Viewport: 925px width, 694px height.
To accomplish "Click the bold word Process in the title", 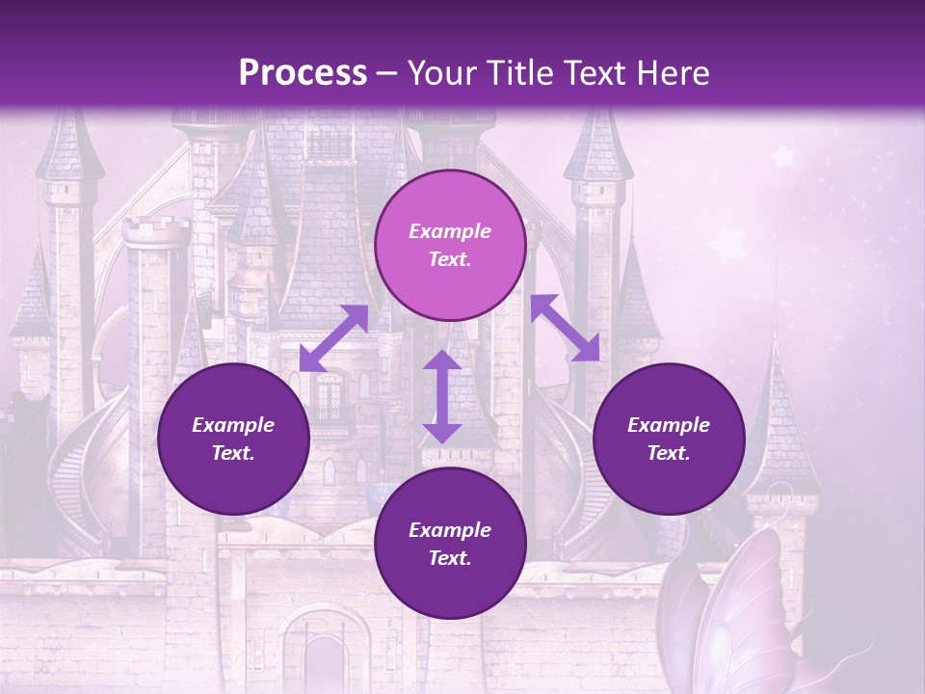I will tap(303, 72).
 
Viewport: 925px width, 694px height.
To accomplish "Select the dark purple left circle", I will tap(233, 439).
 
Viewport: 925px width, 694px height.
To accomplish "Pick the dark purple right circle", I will tap(669, 439).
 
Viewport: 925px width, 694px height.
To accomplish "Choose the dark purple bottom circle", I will tap(450, 544).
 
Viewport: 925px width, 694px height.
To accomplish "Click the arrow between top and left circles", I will tap(333, 337).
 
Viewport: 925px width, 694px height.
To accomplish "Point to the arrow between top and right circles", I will tap(565, 328).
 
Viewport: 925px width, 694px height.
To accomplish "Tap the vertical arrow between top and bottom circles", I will tap(442, 396).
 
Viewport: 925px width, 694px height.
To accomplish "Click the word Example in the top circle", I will tap(450, 231).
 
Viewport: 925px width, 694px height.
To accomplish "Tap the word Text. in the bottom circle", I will tap(450, 558).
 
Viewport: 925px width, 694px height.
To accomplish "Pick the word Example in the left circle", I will tap(233, 425).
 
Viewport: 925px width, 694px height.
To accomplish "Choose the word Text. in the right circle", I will tap(669, 453).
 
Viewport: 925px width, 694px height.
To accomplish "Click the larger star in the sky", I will tap(782, 155).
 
